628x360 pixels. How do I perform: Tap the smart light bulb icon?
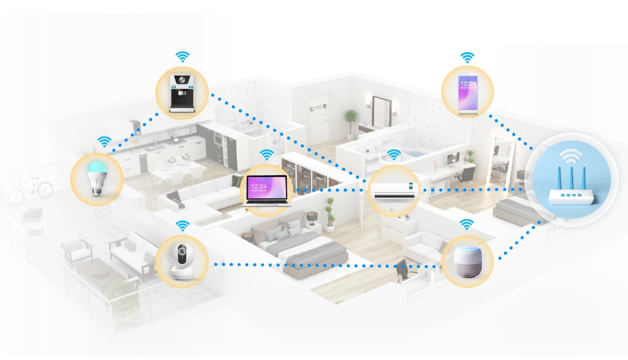coord(97,176)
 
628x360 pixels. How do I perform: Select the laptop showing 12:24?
coord(268,190)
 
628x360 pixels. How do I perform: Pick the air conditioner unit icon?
coord(394,190)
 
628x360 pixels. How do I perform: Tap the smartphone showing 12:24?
coord(467,92)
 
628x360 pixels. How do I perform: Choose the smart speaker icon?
coord(467,261)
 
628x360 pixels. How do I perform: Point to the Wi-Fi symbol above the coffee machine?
coord(182,57)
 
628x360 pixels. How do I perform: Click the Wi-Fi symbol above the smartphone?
coord(467,58)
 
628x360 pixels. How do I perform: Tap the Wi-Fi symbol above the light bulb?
coord(105,142)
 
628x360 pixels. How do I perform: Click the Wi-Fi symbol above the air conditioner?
coord(394,154)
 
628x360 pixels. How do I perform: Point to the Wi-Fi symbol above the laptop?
coord(267,154)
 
